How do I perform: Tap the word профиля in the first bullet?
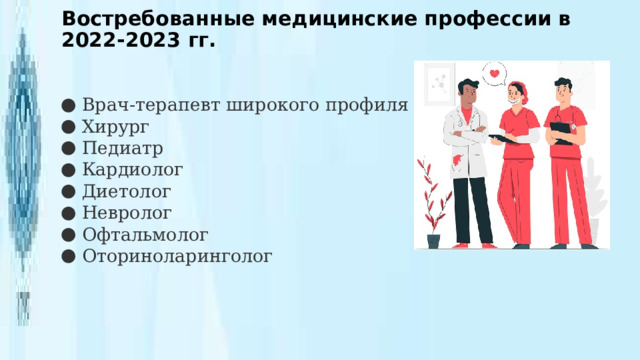pos(370,105)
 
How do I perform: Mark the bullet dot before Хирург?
pos(66,127)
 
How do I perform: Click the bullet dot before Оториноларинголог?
pos(66,256)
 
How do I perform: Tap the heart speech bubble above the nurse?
pos(495,74)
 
